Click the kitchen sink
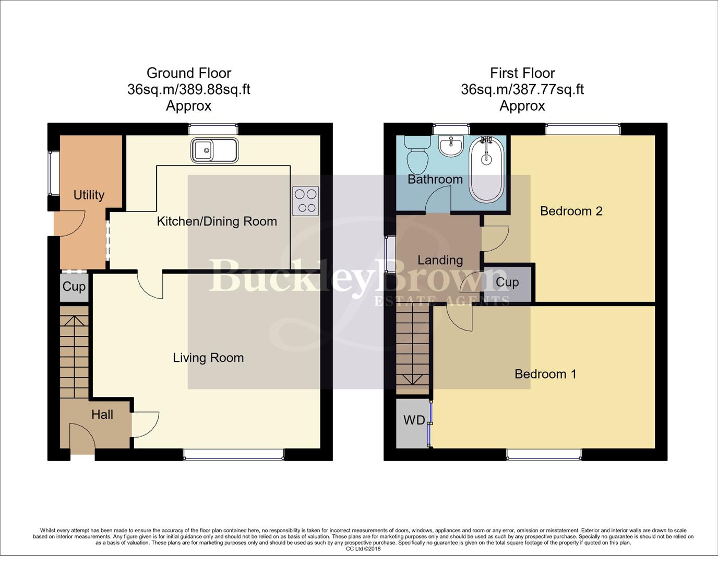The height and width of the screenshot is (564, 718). [214, 150]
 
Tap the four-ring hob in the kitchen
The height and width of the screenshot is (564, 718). [306, 201]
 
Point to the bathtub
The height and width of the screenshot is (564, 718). [487, 170]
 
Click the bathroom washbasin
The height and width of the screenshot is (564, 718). [451, 146]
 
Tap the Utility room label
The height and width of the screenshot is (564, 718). [89, 195]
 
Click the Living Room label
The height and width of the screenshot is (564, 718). [208, 358]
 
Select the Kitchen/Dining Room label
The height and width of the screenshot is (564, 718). [217, 221]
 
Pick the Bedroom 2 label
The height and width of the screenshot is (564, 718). [571, 211]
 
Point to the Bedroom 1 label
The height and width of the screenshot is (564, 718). [545, 374]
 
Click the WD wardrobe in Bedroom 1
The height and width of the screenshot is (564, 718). [413, 421]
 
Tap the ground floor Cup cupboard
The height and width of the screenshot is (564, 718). [74, 287]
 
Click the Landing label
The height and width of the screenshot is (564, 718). [440, 260]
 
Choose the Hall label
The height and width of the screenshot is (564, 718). [102, 415]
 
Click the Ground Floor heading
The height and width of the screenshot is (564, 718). [188, 73]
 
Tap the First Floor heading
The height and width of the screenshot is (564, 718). [522, 73]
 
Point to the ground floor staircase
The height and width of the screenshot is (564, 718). [74, 352]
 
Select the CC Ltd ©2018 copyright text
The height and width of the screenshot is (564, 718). [363, 549]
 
